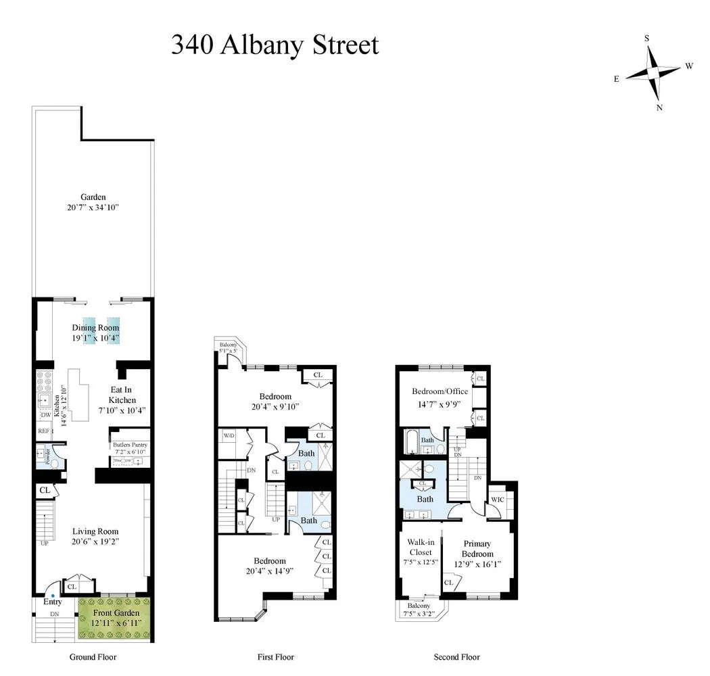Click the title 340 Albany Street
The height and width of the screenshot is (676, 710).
[x=275, y=45]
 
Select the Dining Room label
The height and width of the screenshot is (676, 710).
[x=100, y=328]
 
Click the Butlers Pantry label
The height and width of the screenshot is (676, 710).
[x=130, y=445]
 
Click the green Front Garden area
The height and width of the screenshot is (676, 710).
[x=114, y=619]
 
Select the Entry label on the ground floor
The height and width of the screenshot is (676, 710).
[x=53, y=602]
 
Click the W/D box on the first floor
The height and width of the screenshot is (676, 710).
[x=228, y=435]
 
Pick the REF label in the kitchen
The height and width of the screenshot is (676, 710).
[x=43, y=430]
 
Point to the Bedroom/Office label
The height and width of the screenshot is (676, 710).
[x=440, y=391]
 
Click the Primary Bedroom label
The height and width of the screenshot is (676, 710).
[x=477, y=549]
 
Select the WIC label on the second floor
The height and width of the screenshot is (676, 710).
[x=498, y=500]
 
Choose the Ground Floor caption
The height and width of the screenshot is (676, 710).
[x=93, y=657]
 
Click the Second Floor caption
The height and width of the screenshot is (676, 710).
[x=456, y=657]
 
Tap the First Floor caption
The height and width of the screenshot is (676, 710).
[x=275, y=657]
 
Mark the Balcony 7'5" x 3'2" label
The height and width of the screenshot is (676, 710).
[x=419, y=609]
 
